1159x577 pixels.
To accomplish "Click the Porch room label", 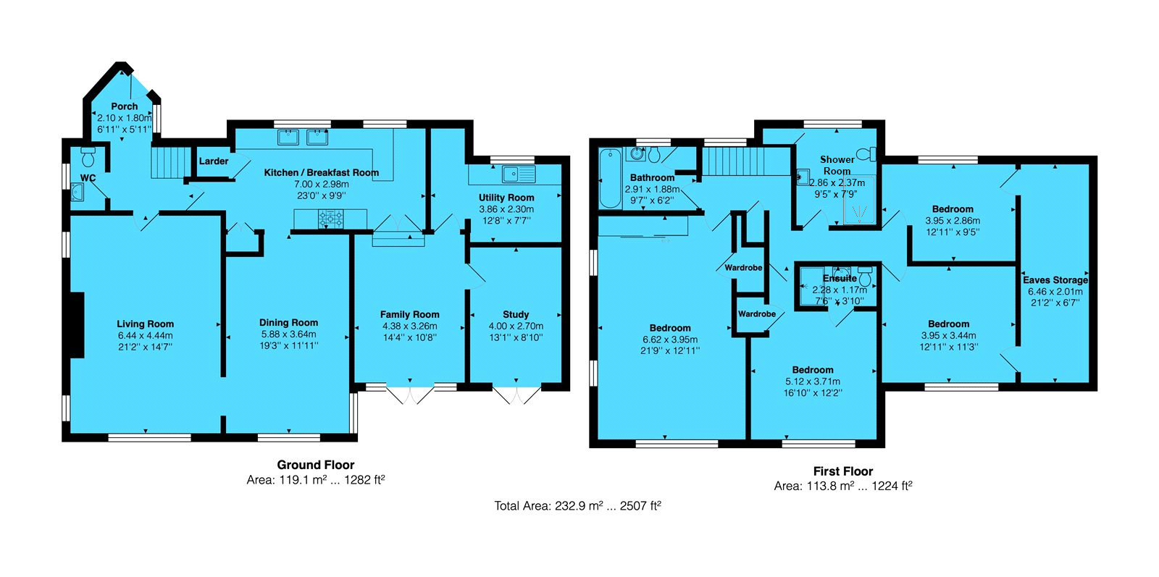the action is tap(124, 106).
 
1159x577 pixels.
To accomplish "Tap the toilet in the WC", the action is tap(88, 156).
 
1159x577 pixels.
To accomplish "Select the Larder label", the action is tap(214, 161).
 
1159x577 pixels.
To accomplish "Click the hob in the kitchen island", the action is tap(330, 218).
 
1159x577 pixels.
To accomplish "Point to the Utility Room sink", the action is tap(519, 174).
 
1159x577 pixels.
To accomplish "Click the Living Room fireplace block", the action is tap(77, 324).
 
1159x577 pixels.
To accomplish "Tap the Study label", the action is tap(516, 314).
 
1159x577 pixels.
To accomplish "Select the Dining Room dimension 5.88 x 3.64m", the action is tap(289, 334).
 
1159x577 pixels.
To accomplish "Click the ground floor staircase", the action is tap(169, 162).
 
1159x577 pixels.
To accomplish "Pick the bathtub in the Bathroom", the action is tap(611, 178).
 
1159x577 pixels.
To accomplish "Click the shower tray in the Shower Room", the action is tap(859, 200).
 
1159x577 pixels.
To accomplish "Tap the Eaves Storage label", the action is tap(1055, 279).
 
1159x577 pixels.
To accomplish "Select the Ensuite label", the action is tap(840, 279).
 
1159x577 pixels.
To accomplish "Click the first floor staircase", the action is tap(732, 161).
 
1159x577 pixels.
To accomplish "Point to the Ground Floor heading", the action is tap(316, 464).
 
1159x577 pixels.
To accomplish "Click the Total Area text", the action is tap(577, 505).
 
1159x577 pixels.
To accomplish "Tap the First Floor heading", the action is tap(843, 471).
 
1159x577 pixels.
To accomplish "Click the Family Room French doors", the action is tap(410, 393).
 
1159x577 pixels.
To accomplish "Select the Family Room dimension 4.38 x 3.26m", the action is tap(410, 327).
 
